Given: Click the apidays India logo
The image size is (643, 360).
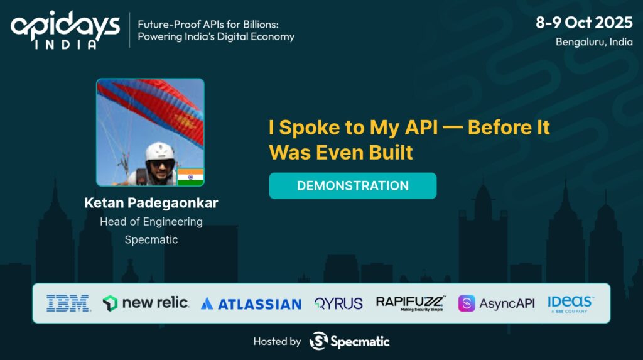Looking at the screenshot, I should [65, 29].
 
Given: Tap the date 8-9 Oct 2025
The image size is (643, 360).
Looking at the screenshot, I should [583, 23].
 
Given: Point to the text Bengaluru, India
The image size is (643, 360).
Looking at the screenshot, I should [593, 42].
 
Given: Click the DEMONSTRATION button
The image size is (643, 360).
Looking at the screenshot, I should [352, 186].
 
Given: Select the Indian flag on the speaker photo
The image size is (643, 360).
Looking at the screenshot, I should [190, 177].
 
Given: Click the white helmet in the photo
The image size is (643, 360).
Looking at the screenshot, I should [159, 151].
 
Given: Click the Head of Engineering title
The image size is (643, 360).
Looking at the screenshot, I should [151, 221].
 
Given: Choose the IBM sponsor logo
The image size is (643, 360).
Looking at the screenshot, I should [68, 303].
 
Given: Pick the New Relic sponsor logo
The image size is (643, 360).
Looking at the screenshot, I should [146, 303].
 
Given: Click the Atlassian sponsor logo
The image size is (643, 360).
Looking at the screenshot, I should [251, 303].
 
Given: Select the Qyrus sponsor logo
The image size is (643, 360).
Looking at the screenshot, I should [338, 303].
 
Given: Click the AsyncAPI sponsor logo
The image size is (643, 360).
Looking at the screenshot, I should [496, 303].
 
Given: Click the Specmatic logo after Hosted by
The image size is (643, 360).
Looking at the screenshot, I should [349, 341].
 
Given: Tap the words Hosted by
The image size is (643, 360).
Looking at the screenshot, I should [277, 341].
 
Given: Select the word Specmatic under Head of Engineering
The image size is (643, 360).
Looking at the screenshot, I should [151, 239].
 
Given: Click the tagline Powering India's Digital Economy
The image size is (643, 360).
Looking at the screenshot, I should [212, 36].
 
